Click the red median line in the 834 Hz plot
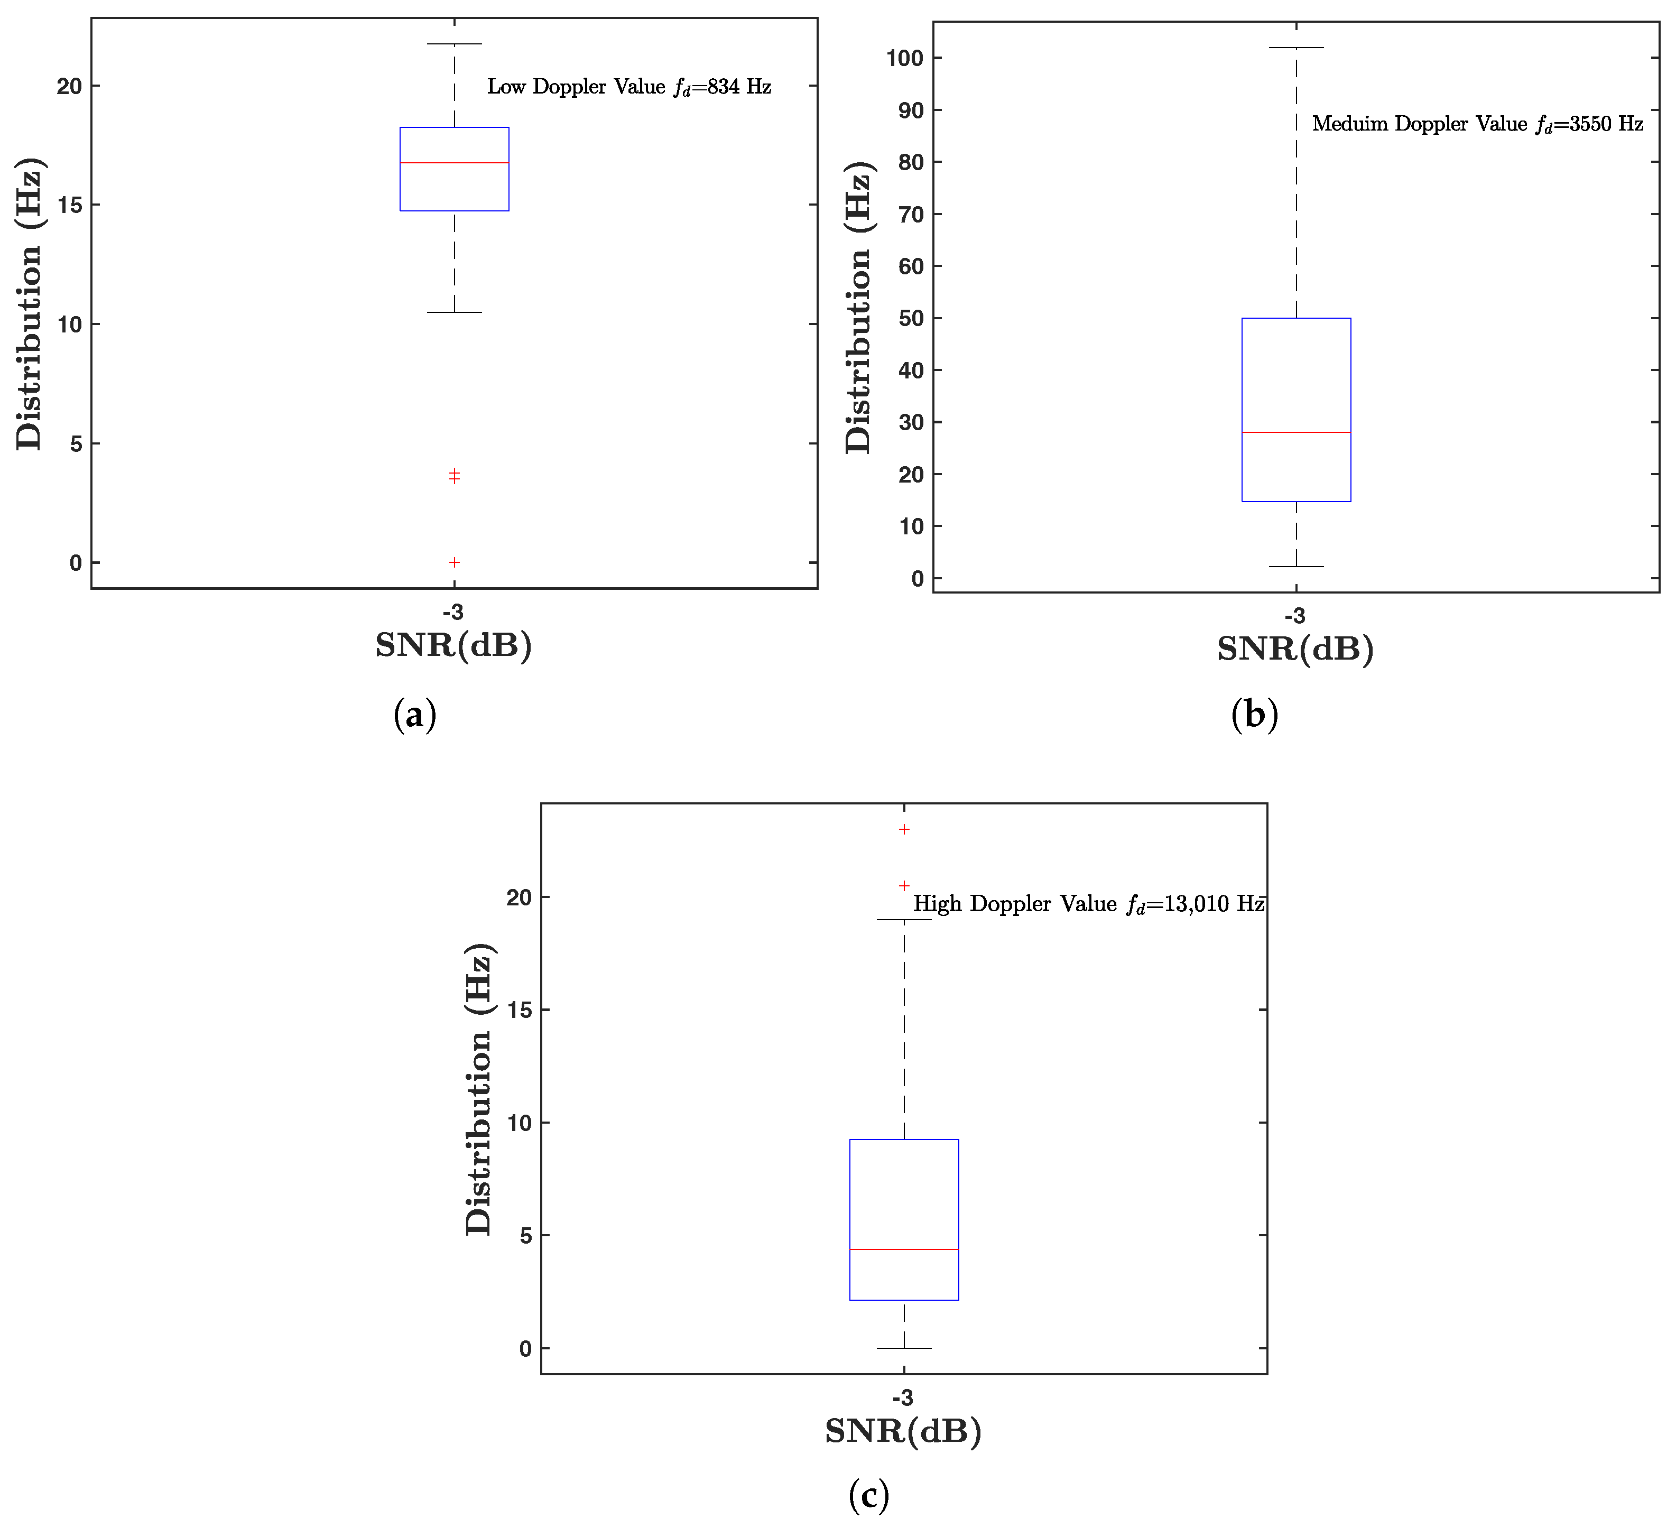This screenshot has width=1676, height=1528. [454, 163]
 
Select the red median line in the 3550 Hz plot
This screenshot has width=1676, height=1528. [1295, 432]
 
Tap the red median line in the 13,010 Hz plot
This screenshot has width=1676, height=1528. [904, 1249]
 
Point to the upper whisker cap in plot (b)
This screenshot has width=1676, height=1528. [1295, 48]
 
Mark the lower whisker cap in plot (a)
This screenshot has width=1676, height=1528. [454, 312]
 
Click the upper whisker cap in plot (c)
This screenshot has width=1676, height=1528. [904, 920]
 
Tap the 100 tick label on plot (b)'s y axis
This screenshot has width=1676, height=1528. [904, 58]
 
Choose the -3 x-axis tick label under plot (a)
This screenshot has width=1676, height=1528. [453, 613]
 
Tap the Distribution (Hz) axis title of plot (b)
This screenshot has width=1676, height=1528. [858, 308]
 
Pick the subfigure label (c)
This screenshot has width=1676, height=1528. [869, 1495]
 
